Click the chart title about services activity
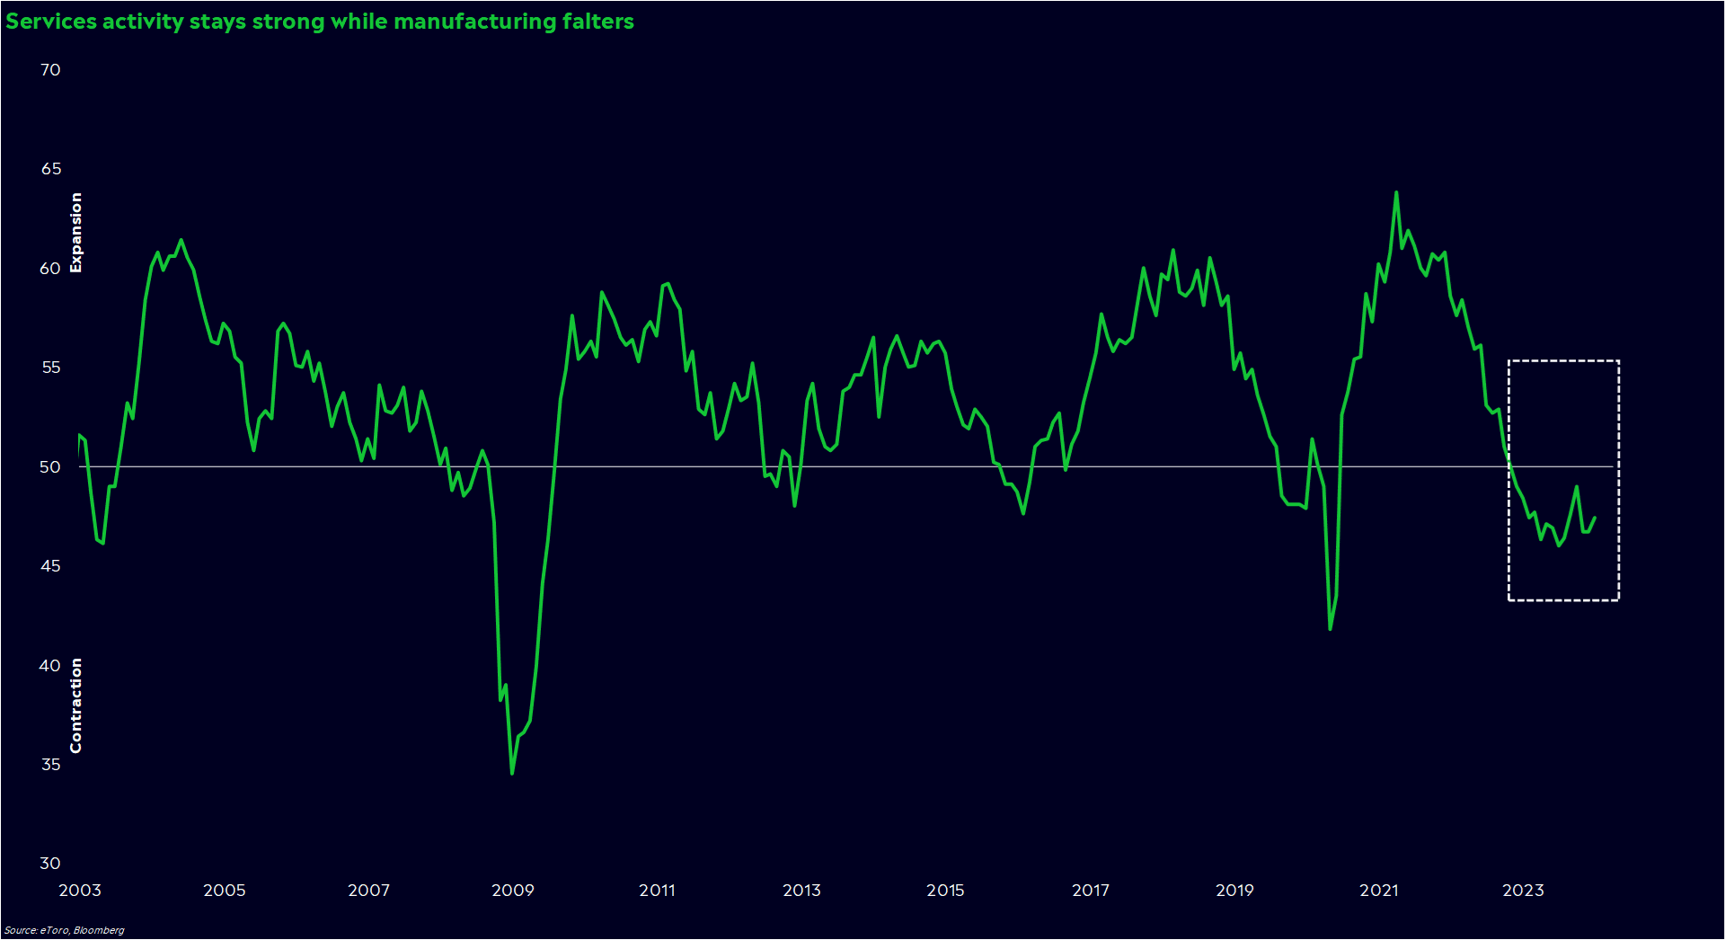[319, 22]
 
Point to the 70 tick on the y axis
[50, 70]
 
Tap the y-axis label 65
[50, 169]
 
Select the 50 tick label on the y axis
[50, 466]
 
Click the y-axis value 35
[50, 764]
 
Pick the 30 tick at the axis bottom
[50, 863]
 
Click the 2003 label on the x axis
[80, 890]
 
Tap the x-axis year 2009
[513, 890]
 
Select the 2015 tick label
[945, 890]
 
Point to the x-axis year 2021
[1378, 890]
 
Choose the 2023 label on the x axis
[1523, 890]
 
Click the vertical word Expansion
[76, 232]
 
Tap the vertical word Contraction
[76, 705]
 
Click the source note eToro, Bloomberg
[65, 930]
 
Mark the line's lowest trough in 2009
[512, 773]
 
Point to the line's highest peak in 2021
[1396, 192]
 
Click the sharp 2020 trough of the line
[1330, 628]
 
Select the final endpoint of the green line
[1595, 518]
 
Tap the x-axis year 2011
[657, 890]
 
